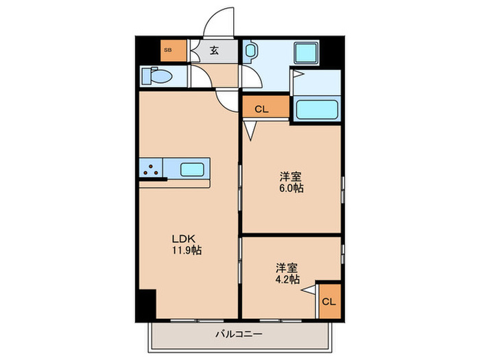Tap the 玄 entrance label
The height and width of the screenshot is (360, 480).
(214, 49)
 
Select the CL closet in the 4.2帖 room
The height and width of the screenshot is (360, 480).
(329, 300)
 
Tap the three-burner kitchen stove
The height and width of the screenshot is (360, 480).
(152, 168)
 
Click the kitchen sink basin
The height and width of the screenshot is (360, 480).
(193, 168)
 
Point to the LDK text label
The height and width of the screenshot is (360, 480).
(184, 239)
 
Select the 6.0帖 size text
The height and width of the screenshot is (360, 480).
(291, 188)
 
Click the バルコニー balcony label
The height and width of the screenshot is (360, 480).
(240, 335)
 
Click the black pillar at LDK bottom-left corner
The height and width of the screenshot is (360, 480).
(146, 304)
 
